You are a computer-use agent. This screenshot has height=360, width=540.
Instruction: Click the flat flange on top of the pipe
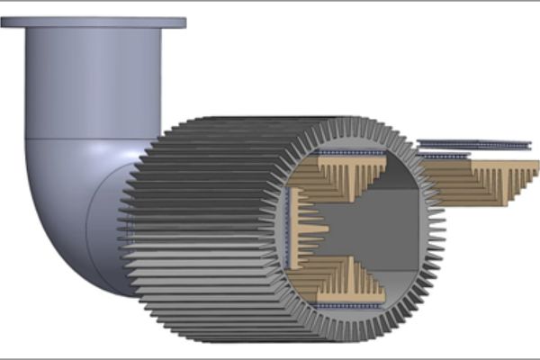click(94, 22)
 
